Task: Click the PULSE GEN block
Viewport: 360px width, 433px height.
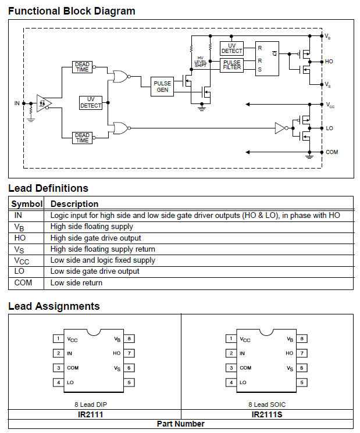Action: pyautogui.click(x=162, y=87)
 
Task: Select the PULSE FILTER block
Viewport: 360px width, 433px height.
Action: pyautogui.click(x=231, y=66)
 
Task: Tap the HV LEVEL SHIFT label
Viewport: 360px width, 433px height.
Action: pyautogui.click(x=201, y=62)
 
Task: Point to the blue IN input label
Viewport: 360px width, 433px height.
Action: pyautogui.click(x=17, y=103)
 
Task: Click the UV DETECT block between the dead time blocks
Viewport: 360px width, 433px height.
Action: pyautogui.click(x=91, y=103)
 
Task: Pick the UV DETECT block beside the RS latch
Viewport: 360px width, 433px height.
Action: pyautogui.click(x=231, y=48)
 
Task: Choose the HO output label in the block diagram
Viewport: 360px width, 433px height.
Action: pyautogui.click(x=329, y=61)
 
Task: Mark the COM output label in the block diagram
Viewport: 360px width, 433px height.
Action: pyautogui.click(x=332, y=152)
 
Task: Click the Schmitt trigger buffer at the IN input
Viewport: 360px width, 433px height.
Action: pyautogui.click(x=44, y=103)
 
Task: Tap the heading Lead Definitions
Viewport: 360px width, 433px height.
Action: pyautogui.click(x=48, y=188)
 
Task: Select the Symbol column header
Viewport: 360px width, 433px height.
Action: pyautogui.click(x=27, y=204)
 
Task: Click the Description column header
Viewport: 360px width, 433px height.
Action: pyautogui.click(x=74, y=204)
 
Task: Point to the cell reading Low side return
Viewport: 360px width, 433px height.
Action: pyautogui.click(x=76, y=283)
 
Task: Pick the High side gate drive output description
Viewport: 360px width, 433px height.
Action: pyautogui.click(x=95, y=238)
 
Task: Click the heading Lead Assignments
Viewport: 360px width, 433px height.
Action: pyautogui.click(x=54, y=306)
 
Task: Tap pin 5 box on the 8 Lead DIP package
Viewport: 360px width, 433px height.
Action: pyautogui.click(x=131, y=382)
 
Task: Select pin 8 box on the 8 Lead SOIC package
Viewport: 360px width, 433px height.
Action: pyautogui.click(x=302, y=338)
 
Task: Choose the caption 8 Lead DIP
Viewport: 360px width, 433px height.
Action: pyautogui.click(x=94, y=403)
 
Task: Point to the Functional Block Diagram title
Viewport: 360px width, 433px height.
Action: pyautogui.click(x=72, y=11)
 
